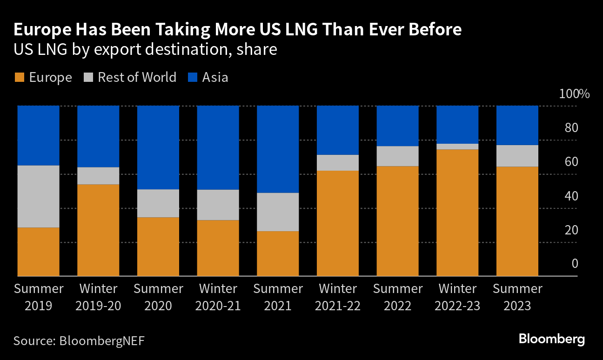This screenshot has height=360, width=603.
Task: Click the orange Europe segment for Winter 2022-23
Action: (x=458, y=213)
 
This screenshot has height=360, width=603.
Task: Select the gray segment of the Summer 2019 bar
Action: (x=38, y=196)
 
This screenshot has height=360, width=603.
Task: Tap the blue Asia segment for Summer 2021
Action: (x=278, y=149)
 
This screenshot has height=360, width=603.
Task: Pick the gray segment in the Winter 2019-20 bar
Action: (x=98, y=176)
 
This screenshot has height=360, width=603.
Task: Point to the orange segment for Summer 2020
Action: (x=158, y=247)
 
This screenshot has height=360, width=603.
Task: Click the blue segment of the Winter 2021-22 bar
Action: (x=338, y=130)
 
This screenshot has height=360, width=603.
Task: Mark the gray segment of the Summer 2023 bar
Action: (x=517, y=156)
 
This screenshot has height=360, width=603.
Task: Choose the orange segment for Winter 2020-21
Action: (x=218, y=248)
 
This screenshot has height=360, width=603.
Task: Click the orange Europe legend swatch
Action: (x=19, y=77)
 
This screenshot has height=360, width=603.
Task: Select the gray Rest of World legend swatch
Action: (x=88, y=77)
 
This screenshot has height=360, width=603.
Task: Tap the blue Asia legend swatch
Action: (x=192, y=77)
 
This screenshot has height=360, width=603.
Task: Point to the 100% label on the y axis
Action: (x=574, y=94)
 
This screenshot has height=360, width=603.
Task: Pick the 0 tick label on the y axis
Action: (x=575, y=264)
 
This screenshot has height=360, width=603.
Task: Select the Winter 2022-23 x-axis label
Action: (x=458, y=297)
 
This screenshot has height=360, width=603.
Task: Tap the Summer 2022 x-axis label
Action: (x=398, y=297)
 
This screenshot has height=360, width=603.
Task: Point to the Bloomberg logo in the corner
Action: (x=552, y=339)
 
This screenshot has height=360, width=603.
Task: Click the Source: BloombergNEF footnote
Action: (x=79, y=340)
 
